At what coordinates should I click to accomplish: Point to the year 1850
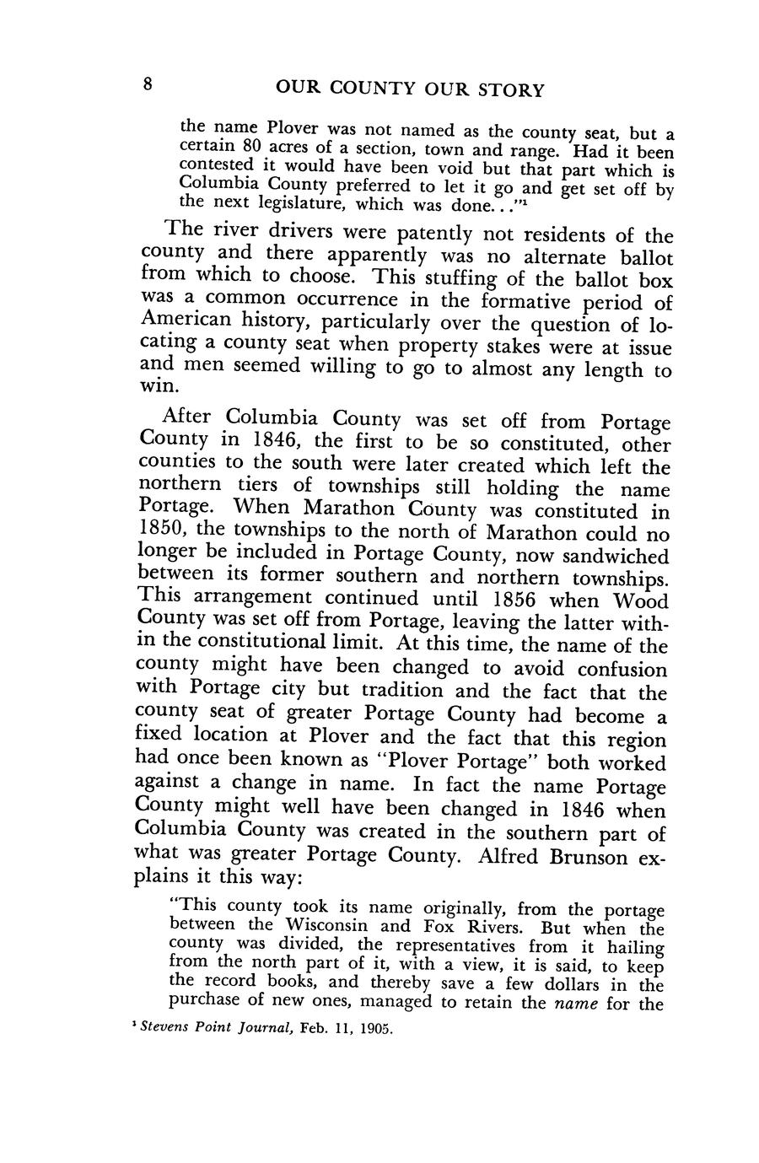tap(166, 533)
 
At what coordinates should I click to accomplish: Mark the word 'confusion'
tap(612, 670)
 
